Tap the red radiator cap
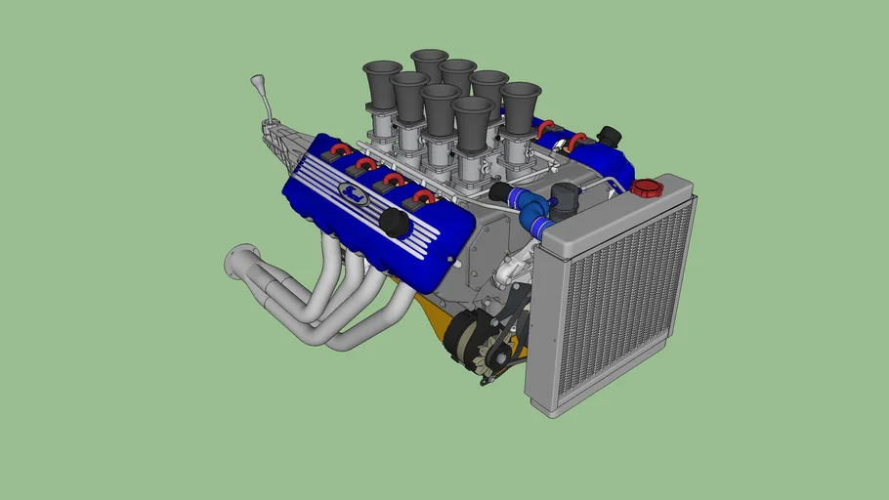click(646, 187)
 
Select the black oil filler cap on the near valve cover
click(395, 223)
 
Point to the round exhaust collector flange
click(237, 262)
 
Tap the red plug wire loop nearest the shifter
click(339, 149)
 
